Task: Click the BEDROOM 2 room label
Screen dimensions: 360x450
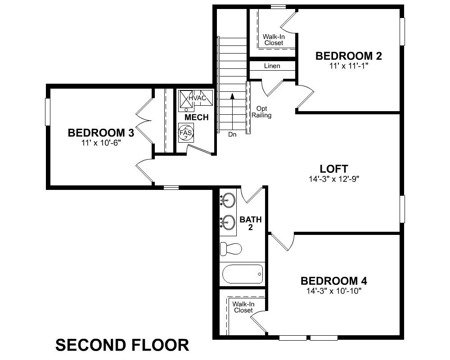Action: click(x=349, y=56)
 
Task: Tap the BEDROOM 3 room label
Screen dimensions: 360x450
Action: click(x=101, y=133)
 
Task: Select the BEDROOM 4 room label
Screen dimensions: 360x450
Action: click(x=333, y=281)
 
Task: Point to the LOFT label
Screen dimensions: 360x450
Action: click(x=333, y=169)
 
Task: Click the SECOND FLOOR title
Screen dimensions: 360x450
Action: click(x=122, y=345)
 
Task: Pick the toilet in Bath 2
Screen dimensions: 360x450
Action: click(x=230, y=248)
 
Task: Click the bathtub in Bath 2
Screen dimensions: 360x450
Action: click(x=242, y=273)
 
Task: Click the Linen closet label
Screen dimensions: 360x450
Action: click(x=272, y=66)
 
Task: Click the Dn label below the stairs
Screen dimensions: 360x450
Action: click(x=232, y=134)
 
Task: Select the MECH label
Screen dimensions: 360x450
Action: click(x=197, y=117)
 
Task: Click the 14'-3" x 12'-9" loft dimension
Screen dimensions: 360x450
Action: click(x=333, y=178)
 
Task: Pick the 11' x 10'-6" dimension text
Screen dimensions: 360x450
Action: click(x=101, y=142)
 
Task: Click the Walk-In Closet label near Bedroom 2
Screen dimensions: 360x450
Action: click(x=274, y=39)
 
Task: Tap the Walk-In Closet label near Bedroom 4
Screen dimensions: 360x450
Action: click(x=243, y=307)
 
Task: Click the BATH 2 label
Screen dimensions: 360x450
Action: click(x=251, y=224)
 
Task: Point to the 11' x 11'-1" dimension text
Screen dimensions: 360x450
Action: click(x=349, y=66)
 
